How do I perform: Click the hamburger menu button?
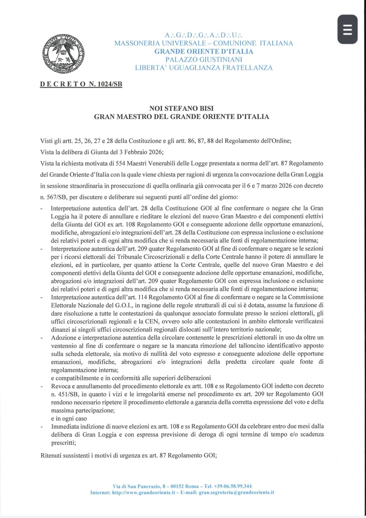[347, 29]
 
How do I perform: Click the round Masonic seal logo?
[63, 54]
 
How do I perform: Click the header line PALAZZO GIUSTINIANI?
[204, 59]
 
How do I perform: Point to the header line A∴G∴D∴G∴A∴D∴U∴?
[204, 35]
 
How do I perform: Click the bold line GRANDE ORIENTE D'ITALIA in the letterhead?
[204, 52]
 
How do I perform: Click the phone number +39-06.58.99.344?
[232, 486]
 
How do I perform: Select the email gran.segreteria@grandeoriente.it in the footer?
[236, 492]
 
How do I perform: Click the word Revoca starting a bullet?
[61, 386]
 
